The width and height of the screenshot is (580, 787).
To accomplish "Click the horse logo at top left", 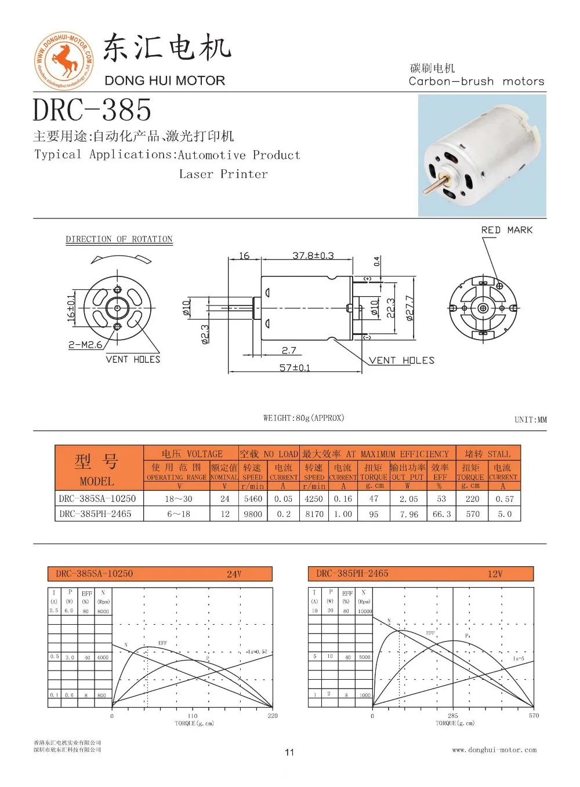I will tap(63, 60).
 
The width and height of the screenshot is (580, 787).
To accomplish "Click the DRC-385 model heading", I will tap(92, 110).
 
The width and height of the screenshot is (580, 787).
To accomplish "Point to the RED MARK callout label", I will tap(506, 230).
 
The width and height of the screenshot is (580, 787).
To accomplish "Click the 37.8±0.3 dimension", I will tap(313, 255).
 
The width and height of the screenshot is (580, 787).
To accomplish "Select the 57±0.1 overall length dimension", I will tap(295, 367).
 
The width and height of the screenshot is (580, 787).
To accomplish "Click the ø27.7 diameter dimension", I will tap(409, 308).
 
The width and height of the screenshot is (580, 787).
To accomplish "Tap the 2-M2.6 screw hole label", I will tap(85, 345).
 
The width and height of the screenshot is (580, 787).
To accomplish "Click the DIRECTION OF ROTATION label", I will tap(119, 239).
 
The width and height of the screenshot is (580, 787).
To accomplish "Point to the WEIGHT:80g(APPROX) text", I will tap(303, 418).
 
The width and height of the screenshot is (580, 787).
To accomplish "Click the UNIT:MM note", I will tap(530, 420).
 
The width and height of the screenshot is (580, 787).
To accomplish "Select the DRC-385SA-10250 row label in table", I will tap(97, 498).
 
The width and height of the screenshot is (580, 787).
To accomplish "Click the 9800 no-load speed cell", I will tap(253, 514).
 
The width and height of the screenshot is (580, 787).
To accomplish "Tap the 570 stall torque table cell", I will tap(473, 514).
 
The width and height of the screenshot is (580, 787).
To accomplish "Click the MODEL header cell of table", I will tap(97, 481).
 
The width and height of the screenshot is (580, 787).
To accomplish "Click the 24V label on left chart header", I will tap(234, 574).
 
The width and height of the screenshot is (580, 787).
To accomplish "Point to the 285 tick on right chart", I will tap(452, 716).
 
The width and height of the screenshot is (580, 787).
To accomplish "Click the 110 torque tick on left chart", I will tap(192, 716).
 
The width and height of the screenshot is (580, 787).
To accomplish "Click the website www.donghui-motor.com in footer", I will tap(494, 750).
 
